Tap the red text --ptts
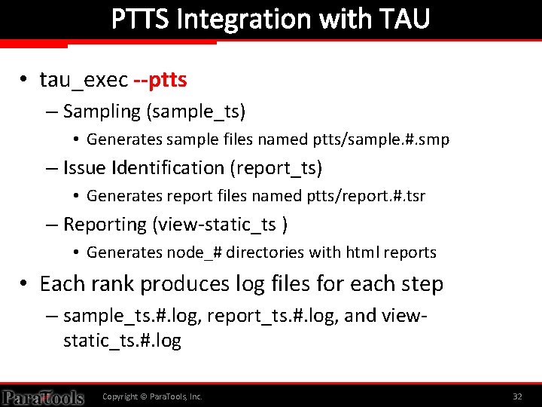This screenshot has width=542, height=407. (x=160, y=79)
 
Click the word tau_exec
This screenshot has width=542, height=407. (x=84, y=79)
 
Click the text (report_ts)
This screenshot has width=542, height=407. (x=276, y=167)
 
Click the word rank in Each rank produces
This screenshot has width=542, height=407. (x=113, y=284)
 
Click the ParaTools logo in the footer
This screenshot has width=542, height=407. (x=42, y=396)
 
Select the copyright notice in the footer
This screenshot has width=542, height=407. (x=152, y=396)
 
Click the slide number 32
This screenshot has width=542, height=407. (x=517, y=396)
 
